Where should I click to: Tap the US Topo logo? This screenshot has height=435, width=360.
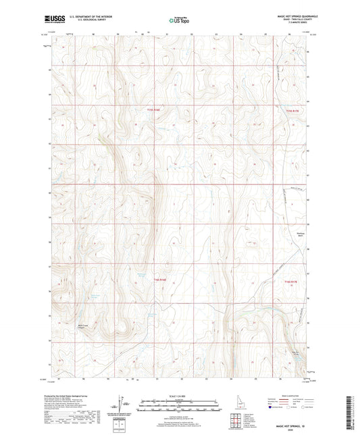[x=178, y=21]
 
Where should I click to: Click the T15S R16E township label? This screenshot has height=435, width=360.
[x=154, y=109]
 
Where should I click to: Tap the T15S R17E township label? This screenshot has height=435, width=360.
[x=290, y=109]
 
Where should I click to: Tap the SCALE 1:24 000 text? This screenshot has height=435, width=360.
[x=179, y=395]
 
